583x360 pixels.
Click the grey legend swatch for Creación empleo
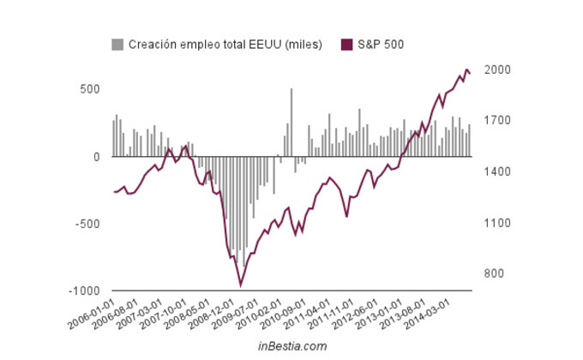(x=117, y=45)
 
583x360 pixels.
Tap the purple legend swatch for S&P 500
(x=346, y=45)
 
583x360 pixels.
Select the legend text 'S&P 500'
(x=381, y=45)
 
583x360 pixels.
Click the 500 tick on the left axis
(x=90, y=89)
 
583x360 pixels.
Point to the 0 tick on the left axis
(x=96, y=157)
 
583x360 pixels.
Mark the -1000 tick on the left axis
(x=86, y=291)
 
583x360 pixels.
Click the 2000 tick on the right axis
(x=496, y=70)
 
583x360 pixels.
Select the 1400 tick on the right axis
(x=496, y=172)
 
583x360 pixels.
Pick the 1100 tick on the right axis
(x=496, y=224)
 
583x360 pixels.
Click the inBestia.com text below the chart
(x=292, y=346)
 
